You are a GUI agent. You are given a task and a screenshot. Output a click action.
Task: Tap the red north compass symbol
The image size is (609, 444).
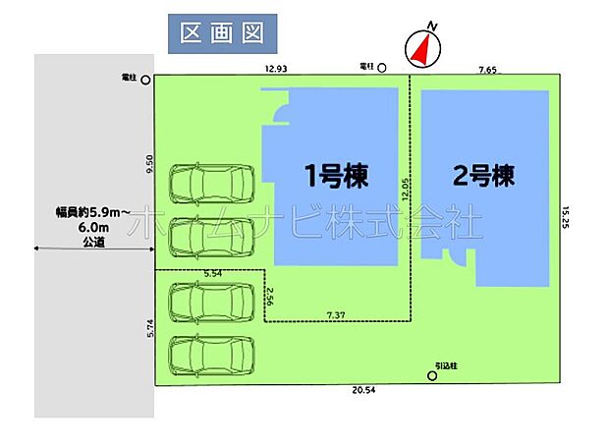[419, 49]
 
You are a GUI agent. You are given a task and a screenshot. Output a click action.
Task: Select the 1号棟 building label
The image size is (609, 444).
[336, 177]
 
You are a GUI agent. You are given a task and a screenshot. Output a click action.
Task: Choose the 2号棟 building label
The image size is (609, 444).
[483, 177]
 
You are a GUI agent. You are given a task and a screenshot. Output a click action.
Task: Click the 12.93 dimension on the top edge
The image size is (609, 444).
[276, 69]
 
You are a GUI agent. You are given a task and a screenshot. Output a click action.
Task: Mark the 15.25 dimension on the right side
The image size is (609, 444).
[567, 216]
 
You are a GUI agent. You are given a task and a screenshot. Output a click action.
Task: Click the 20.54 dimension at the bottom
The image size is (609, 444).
[363, 391]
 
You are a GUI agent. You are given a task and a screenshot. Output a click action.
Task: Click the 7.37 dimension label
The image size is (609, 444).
[337, 313]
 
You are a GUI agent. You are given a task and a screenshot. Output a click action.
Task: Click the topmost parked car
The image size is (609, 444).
[211, 183]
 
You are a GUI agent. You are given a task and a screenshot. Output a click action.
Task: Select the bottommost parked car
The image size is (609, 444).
[211, 355]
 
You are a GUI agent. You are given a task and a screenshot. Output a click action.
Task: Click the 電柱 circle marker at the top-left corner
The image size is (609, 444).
[146, 80]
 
